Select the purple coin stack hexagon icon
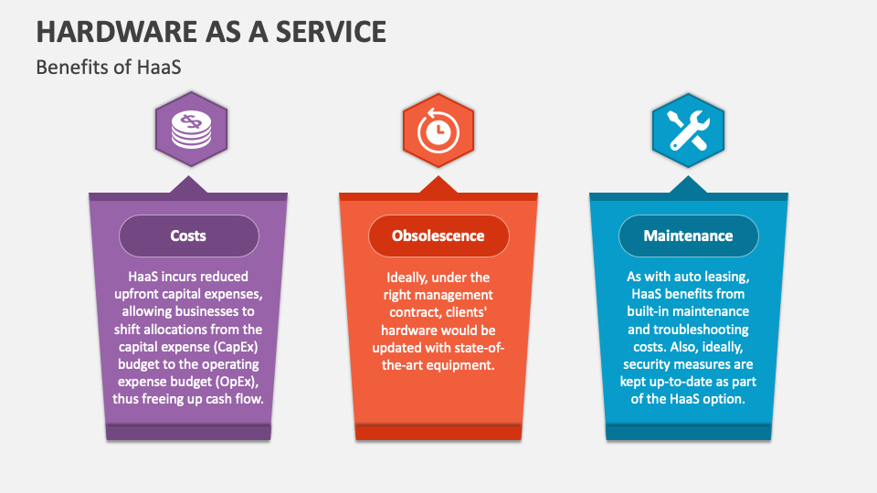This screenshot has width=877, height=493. [x=190, y=131]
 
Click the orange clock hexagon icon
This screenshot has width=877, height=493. [x=438, y=131]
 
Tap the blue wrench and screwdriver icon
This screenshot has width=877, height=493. [x=687, y=131]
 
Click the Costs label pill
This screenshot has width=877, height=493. [x=188, y=236]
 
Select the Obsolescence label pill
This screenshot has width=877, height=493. [x=438, y=236]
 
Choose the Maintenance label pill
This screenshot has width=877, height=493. [x=688, y=236]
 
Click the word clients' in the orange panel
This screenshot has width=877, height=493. [x=471, y=311]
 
